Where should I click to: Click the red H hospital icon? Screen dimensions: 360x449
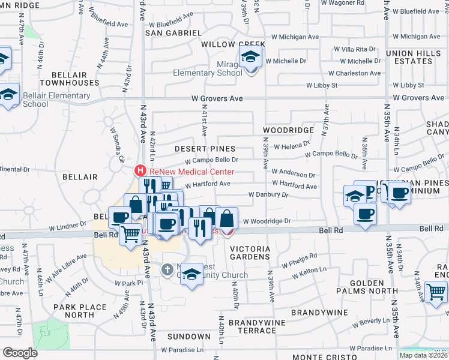coord(141,170)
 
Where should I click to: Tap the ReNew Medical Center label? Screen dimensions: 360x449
coord(184,171)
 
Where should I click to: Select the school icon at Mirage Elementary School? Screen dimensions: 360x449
coord(249,58)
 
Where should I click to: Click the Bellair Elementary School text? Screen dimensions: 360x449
coord(56,100)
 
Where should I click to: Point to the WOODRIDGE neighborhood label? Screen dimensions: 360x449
coord(288,130)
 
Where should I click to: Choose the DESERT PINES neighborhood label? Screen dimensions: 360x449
coord(205,148)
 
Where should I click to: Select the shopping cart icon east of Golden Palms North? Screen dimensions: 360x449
coord(436,293)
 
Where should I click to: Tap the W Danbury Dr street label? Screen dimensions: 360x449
coord(269,195)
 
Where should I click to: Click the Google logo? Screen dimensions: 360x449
coord(20,353)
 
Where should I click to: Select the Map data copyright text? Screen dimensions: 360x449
coord(423,355)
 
